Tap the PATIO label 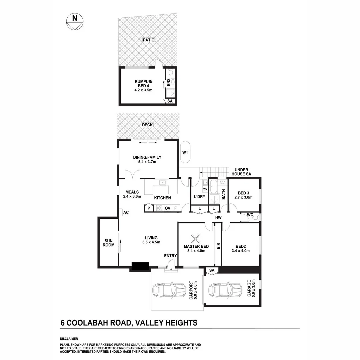149,40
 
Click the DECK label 147,125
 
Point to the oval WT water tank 185,152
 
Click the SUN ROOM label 109,242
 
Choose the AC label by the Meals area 126,212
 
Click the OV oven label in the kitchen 167,208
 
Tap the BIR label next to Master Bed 219,246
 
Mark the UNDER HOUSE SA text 242,172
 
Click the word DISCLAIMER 69,339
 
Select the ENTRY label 170,256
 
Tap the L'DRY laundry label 199,197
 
